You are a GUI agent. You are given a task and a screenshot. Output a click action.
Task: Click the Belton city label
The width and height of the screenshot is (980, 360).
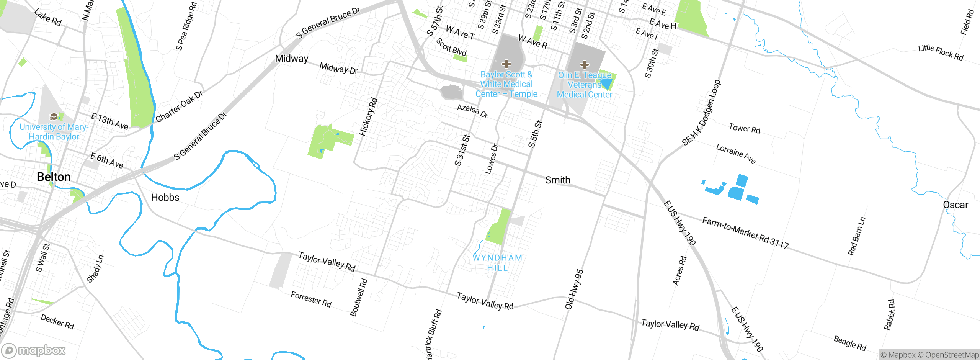(54, 177)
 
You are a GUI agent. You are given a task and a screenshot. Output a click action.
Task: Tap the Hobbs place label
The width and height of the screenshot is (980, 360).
(165, 198)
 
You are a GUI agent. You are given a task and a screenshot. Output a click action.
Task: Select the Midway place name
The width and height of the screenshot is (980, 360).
(292, 59)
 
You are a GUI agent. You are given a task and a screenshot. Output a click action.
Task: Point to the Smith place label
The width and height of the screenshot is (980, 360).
(558, 180)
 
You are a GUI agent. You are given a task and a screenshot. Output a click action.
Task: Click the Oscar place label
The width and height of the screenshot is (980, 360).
(955, 205)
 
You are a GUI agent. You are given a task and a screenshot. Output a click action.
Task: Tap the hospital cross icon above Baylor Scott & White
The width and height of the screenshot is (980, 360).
(506, 64)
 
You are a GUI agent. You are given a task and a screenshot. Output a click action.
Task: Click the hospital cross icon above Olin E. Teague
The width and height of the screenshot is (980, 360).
(585, 64)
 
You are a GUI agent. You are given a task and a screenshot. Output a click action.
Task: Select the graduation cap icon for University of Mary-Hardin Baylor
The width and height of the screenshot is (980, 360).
(54, 116)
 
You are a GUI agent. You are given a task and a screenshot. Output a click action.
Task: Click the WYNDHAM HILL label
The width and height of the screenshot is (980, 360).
(497, 263)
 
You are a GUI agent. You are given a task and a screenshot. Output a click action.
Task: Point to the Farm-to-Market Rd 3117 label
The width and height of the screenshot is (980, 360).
(746, 233)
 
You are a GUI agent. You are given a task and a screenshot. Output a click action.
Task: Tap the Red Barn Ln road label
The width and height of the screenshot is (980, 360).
(856, 236)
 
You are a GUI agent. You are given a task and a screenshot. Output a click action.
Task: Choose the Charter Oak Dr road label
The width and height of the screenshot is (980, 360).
(179, 106)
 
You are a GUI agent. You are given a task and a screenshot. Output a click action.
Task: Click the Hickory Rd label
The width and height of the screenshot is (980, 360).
(368, 117)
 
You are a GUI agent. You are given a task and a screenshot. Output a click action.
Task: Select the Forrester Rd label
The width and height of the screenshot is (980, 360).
(311, 299)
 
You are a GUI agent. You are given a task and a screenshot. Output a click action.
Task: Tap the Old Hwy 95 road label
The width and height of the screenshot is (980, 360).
(574, 289)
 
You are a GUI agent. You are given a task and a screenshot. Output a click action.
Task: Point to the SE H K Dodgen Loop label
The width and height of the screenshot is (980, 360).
(701, 113)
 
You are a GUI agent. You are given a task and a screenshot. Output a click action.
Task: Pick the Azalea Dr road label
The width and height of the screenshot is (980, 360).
(472, 111)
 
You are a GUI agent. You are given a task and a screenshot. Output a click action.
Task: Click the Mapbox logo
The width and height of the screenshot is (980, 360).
(34, 350)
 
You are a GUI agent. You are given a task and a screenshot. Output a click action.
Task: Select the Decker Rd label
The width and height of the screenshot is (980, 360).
(57, 322)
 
